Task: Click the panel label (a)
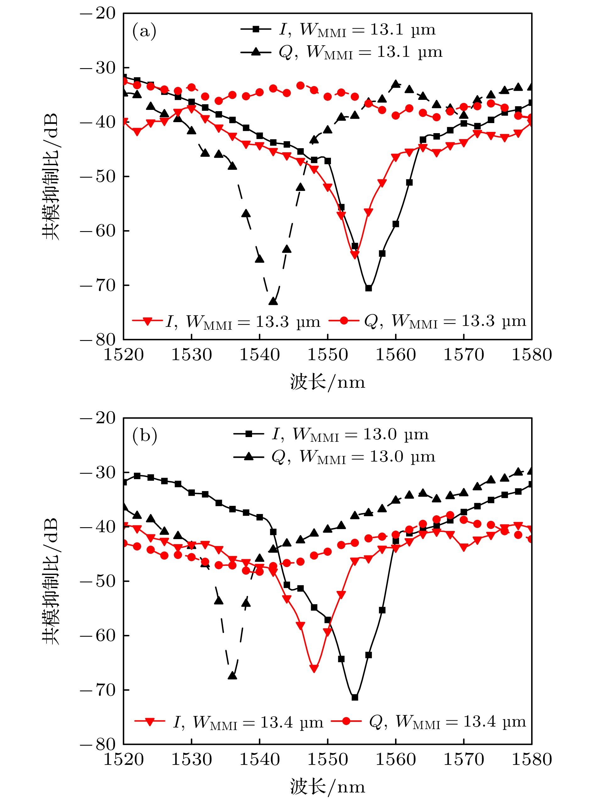144,31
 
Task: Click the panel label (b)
145,436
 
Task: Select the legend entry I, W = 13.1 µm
338,30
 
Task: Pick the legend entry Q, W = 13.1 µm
341,52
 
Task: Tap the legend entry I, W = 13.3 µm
226,321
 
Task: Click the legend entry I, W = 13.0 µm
331,434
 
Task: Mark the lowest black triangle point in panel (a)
273,301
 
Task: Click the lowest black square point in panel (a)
368,288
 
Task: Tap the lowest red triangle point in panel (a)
355,255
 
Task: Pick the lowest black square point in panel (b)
355,697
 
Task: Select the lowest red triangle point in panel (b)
314,668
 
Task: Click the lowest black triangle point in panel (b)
232,675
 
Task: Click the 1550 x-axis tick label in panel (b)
327,759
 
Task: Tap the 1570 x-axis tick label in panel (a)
464,354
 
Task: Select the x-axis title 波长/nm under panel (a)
327,382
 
